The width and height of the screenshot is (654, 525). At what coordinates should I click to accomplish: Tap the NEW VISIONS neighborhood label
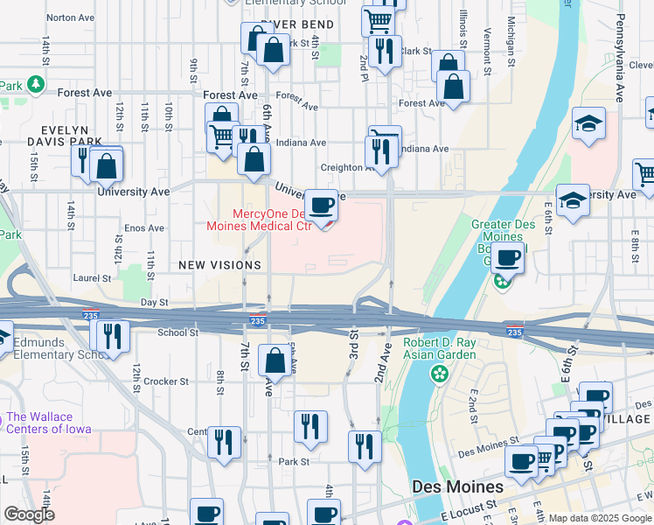tap(219, 264)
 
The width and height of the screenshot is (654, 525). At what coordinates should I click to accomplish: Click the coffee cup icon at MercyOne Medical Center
tap(321, 206)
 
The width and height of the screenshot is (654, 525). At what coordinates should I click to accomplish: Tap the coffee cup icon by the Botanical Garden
tap(508, 258)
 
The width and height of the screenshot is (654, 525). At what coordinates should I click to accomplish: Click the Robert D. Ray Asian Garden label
tap(440, 348)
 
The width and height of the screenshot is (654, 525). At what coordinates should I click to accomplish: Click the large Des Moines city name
tap(457, 486)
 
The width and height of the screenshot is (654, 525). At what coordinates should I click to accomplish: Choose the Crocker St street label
tap(166, 381)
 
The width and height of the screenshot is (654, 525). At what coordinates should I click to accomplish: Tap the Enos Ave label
tap(143, 228)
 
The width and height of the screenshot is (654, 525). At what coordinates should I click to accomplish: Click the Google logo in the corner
tap(29, 514)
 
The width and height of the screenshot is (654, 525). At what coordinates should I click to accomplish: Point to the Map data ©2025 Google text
tap(600, 518)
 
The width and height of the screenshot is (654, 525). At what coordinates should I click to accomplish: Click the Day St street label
tap(154, 302)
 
